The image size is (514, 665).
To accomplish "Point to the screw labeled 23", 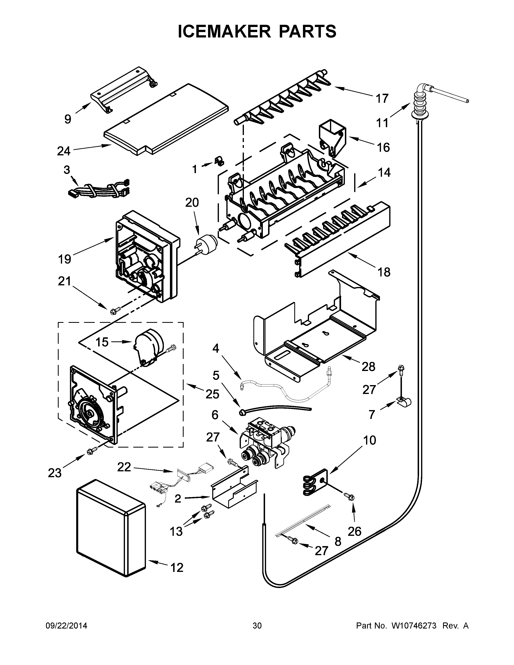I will pos(92,452).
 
